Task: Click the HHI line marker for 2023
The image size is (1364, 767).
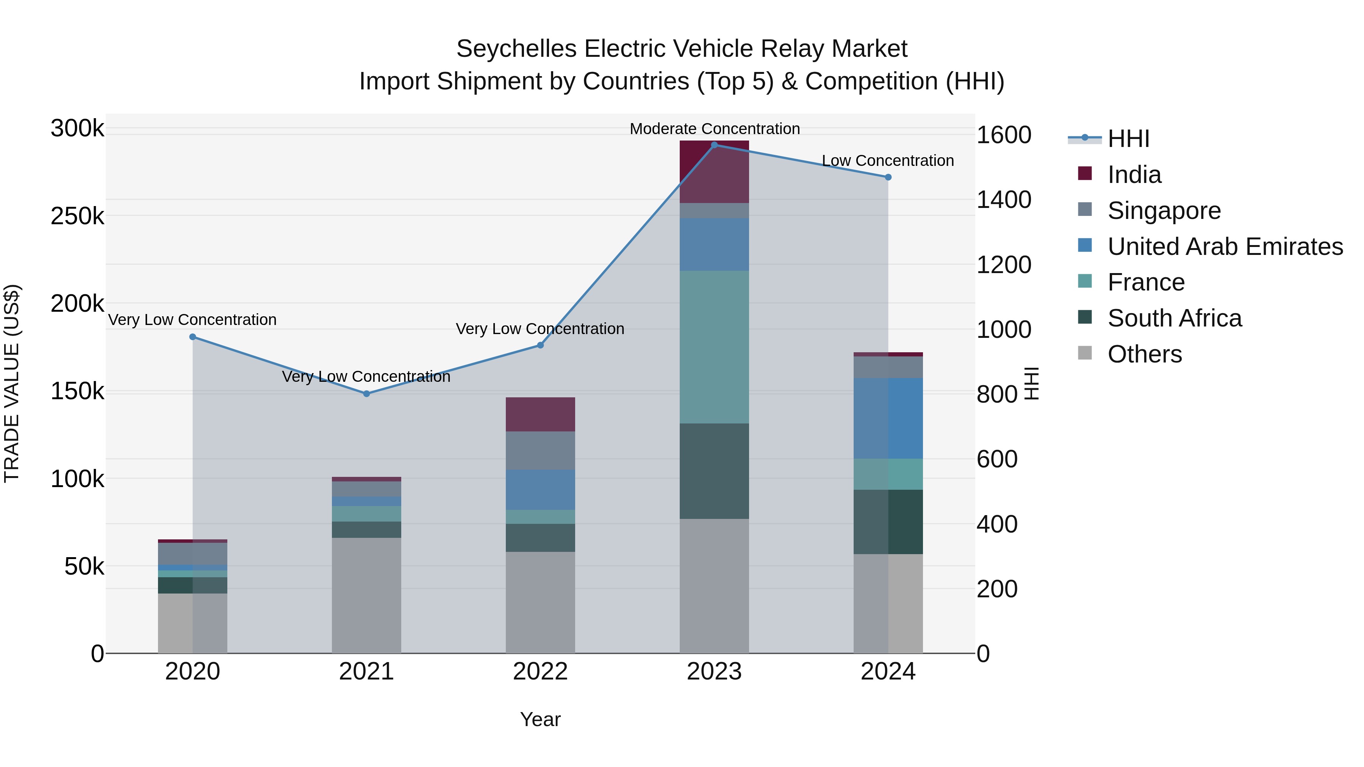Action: pos(714,145)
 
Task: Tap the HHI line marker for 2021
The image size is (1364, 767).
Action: pos(366,394)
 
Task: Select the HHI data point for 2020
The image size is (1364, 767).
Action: pos(193,337)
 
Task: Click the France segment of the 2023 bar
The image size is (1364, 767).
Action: pos(714,347)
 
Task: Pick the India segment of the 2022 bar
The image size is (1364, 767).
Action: pos(540,414)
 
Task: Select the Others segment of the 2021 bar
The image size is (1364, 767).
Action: pos(366,595)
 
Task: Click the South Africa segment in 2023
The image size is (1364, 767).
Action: pos(714,471)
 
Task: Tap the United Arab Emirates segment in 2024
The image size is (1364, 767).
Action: pos(888,418)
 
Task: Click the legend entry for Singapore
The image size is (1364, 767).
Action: pos(1164,211)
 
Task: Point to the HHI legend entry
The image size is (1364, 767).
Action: pos(1128,139)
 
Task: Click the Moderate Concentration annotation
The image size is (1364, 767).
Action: pos(714,129)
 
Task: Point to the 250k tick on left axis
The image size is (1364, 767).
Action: pos(77,216)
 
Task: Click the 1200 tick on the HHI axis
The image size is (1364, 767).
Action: pos(1003,265)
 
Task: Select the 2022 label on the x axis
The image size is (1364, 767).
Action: pos(540,672)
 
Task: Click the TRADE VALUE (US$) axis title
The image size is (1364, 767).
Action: pos(12,383)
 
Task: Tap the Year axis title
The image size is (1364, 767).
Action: pos(540,719)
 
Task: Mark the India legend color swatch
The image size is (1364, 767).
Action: pos(1084,173)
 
